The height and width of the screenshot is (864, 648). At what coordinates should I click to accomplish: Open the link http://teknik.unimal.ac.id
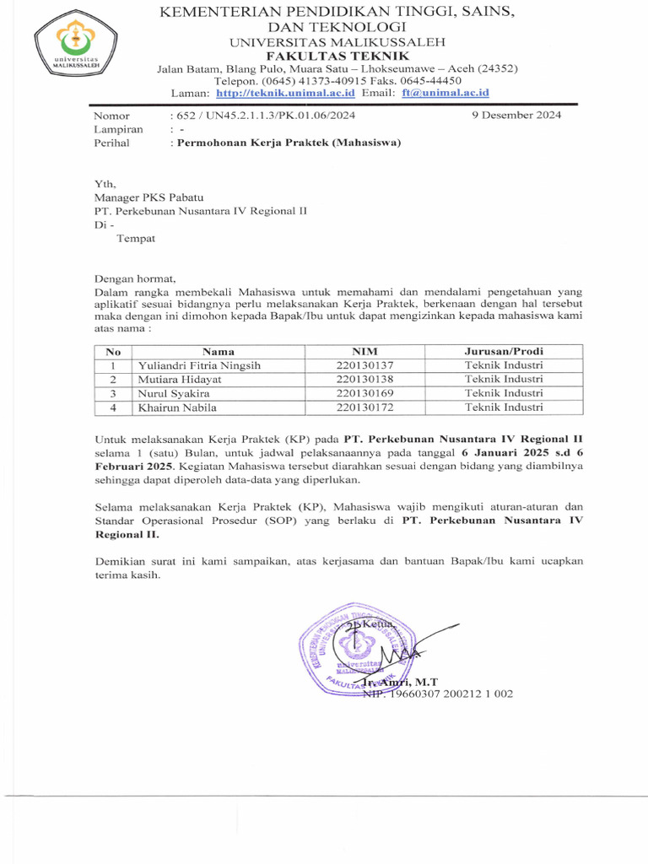coord(285,93)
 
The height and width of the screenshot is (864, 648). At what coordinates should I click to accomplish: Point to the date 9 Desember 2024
coord(516,116)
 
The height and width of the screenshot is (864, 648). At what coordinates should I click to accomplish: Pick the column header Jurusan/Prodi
coord(504,352)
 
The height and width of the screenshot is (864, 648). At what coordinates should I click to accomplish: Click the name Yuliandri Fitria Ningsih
coord(200,365)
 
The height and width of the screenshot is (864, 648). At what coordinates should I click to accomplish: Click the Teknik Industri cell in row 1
coord(504,365)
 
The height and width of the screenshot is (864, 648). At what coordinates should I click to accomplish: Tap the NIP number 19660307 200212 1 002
coord(448,694)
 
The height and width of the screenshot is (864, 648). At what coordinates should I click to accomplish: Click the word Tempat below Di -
coord(136,238)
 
